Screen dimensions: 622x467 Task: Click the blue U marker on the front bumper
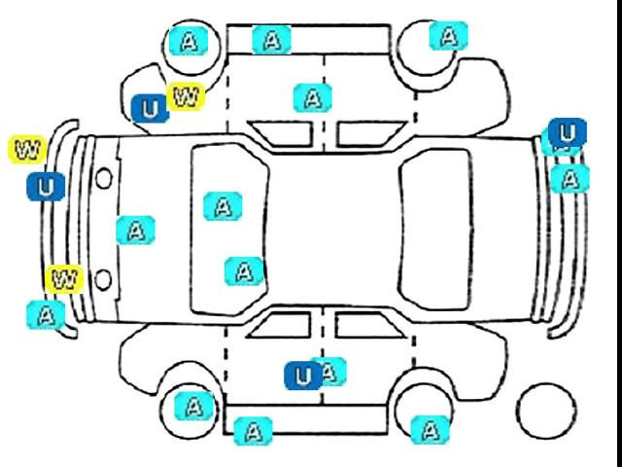[x=46, y=187]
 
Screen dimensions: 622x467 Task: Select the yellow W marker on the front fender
[x=186, y=96]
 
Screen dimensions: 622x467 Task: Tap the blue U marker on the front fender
[x=151, y=108]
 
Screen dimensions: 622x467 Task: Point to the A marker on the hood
[x=136, y=231]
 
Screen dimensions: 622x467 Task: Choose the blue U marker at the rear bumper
[x=568, y=132]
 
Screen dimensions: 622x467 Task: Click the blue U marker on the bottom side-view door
[x=303, y=376]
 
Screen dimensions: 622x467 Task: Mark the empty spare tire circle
[x=546, y=412]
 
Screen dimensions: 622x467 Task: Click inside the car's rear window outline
[x=436, y=230]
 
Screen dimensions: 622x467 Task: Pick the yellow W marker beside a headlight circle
[x=65, y=279]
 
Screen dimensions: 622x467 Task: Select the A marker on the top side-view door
[x=313, y=98]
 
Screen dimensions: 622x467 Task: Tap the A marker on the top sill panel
[x=272, y=40]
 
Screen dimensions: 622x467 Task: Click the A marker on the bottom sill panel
[x=253, y=431]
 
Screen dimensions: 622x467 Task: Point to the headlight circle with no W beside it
[x=104, y=178]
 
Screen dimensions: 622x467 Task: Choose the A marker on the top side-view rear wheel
[x=449, y=36]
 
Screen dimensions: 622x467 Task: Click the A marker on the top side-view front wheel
[x=189, y=41]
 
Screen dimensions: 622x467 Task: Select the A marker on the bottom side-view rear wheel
[x=431, y=430]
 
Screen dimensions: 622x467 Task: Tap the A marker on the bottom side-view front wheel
[x=194, y=406]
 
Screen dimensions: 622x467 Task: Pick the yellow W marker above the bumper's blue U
[x=27, y=149]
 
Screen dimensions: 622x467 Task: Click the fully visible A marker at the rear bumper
[x=570, y=179]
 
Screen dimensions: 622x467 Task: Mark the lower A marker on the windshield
[x=244, y=271]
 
